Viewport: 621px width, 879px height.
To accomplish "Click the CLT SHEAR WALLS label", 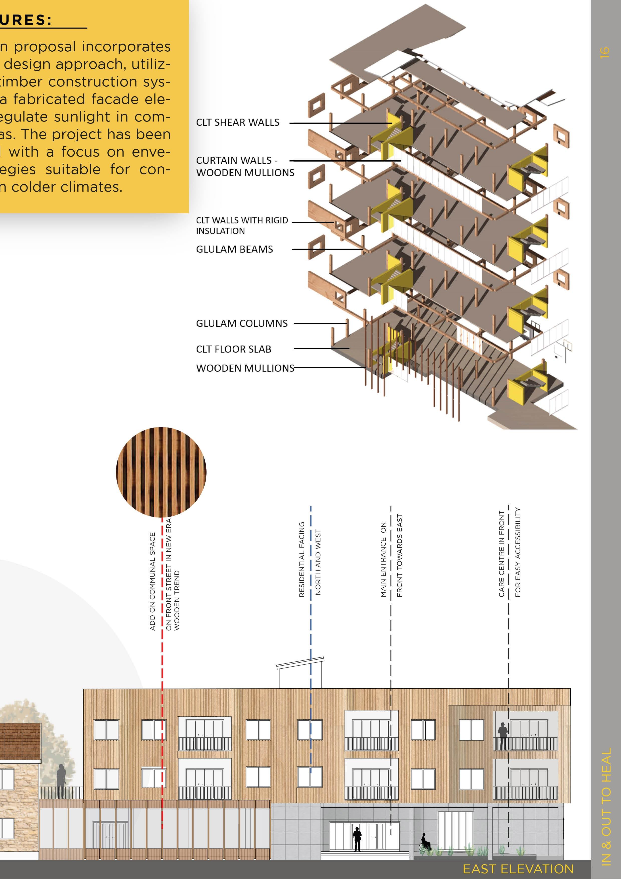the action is coord(238,123).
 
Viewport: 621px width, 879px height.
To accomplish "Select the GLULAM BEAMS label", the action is coord(234,249).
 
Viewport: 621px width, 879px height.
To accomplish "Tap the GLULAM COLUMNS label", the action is coord(241,323).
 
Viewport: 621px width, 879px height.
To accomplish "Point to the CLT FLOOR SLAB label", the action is coord(233,349).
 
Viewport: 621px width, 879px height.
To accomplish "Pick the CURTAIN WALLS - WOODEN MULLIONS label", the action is coord(245,167).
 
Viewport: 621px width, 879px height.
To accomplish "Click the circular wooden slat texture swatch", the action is coord(161,472).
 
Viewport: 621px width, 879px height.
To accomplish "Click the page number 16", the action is coord(604,53).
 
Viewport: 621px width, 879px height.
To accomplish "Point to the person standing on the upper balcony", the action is coord(503,736).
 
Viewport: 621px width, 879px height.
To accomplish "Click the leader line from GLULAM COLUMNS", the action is coord(320,323).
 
